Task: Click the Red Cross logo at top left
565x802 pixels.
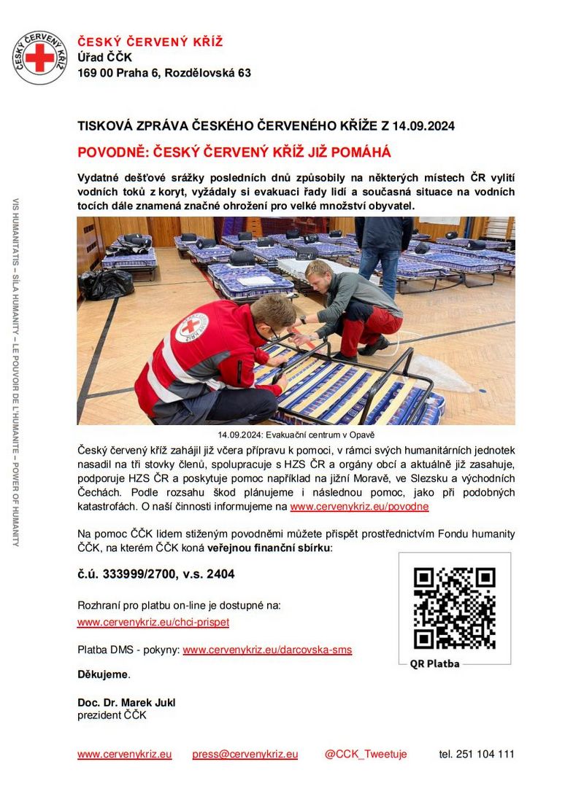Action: (39, 57)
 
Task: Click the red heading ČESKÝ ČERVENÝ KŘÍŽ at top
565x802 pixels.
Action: (150, 42)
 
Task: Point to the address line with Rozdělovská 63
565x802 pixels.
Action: (164, 73)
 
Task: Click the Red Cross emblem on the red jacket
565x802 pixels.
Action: (191, 327)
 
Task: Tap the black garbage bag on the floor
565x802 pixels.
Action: (106, 284)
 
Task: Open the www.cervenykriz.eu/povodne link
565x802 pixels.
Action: (359, 507)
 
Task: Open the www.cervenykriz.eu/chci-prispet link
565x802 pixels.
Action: (153, 623)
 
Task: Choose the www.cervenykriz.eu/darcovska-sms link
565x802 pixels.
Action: (267, 650)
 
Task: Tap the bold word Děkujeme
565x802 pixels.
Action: (103, 674)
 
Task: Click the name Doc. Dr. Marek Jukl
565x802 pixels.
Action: (126, 703)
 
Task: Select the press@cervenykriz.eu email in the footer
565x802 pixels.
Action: (245, 755)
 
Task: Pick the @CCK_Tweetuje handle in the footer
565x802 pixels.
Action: (366, 755)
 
